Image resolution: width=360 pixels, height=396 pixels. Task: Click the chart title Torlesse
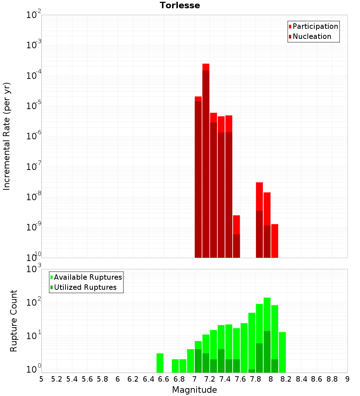(x=180, y=5)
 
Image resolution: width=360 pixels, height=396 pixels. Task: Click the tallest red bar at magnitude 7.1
(x=206, y=158)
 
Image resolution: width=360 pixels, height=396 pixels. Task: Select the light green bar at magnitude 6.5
(x=160, y=363)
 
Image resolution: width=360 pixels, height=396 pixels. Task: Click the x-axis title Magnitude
(x=194, y=390)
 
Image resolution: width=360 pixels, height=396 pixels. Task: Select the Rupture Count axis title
(x=14, y=320)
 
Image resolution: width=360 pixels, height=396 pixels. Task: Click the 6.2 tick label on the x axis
(x=133, y=379)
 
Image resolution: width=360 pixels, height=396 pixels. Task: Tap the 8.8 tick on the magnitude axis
(x=332, y=379)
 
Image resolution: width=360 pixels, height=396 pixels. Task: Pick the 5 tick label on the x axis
(x=41, y=379)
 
